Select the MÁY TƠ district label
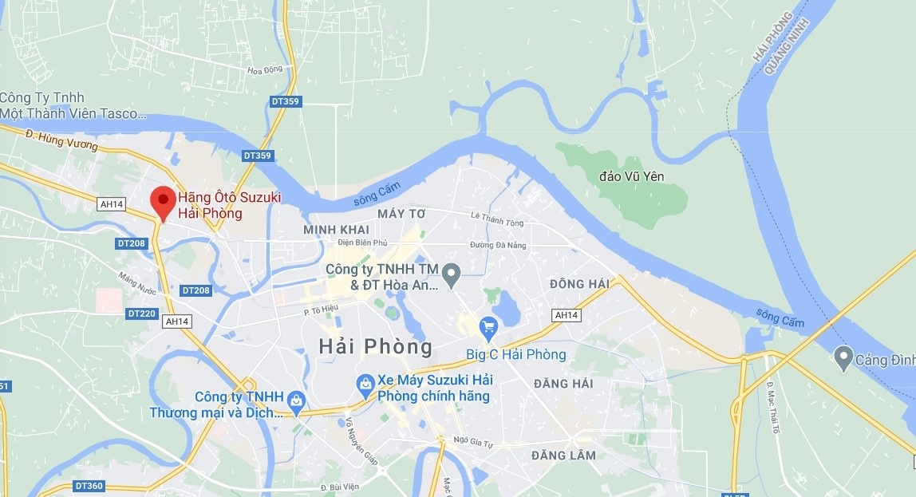402,214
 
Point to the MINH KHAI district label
335,230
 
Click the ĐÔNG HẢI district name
579,284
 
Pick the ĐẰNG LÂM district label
563,456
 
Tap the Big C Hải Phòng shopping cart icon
488,326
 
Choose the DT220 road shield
142,314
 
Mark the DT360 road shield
89,486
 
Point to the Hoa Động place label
265,70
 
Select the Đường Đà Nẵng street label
498,245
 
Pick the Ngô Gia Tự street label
471,440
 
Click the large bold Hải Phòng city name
375,347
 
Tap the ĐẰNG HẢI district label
563,384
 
